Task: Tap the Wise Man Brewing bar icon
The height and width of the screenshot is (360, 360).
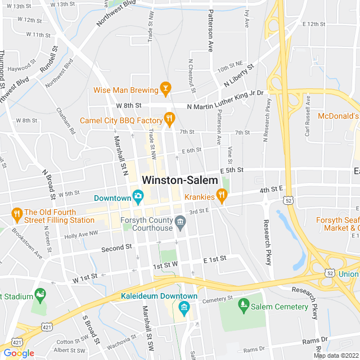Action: coord(165,88)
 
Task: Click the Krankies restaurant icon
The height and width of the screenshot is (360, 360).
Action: coord(222,196)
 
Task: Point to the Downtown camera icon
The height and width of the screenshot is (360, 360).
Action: coord(138,196)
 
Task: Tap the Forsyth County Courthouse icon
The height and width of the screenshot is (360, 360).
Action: coord(180,222)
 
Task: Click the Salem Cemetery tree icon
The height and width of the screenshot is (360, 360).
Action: coord(243,306)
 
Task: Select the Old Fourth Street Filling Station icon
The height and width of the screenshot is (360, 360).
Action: coord(16,214)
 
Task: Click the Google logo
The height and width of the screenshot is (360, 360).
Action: coord(18,353)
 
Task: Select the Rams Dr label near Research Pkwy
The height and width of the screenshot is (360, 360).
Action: coord(314,340)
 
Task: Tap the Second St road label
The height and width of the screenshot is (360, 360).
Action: coord(116,247)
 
